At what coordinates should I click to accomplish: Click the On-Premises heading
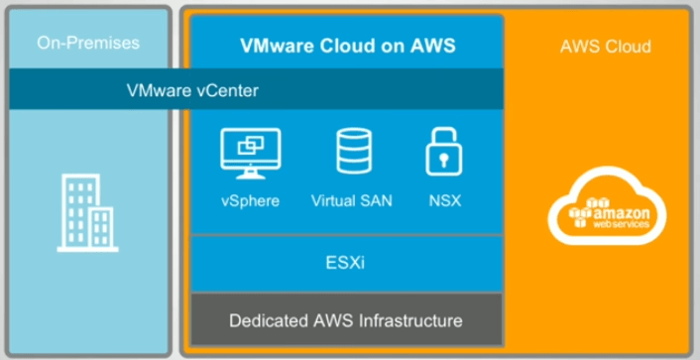[x=88, y=43]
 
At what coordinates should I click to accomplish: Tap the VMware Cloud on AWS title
[x=346, y=46]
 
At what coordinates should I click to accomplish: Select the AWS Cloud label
[x=604, y=47]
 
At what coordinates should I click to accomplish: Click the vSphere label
[x=250, y=200]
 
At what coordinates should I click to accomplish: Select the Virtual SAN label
[x=351, y=200]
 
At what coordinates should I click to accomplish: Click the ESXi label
[x=346, y=265]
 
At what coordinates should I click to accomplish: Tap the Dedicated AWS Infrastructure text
[x=346, y=320]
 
